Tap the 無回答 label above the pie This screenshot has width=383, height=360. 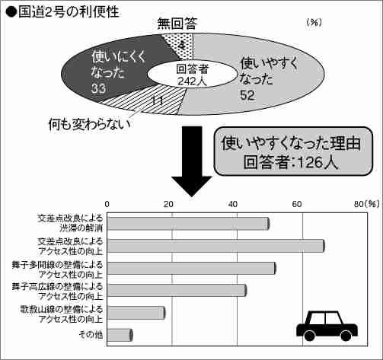click(177, 24)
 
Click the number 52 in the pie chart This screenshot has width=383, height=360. click(247, 95)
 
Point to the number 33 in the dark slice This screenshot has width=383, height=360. click(99, 88)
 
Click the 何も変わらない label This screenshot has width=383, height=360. click(89, 124)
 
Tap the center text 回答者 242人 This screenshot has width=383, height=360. click(192, 75)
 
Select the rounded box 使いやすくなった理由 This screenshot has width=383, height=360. click(293, 151)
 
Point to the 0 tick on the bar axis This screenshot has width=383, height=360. click(107, 204)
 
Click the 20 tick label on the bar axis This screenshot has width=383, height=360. click(168, 204)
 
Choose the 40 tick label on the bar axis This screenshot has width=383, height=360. click(233, 204)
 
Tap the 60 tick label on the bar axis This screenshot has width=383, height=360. click(297, 204)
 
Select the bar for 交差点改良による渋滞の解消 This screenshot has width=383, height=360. click(188, 224)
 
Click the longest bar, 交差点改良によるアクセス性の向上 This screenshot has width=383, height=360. click(216, 246)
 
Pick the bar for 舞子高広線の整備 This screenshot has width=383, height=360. click(177, 291)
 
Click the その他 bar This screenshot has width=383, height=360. click(120, 335)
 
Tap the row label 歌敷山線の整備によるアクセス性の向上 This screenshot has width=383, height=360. click(62, 314)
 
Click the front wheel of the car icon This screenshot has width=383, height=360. click(309, 336)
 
